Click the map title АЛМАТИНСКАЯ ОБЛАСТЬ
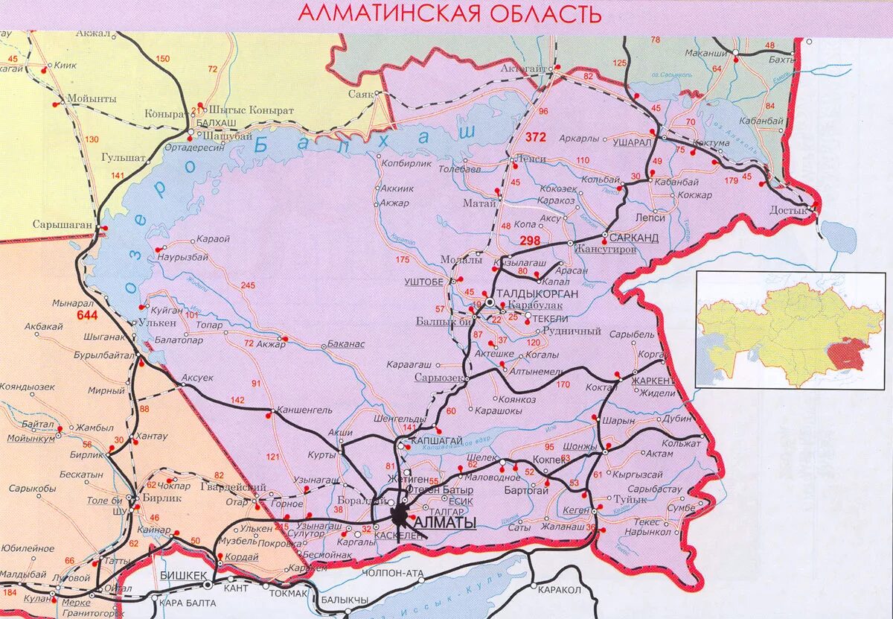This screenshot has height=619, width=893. [x=449, y=13]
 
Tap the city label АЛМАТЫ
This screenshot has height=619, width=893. [x=444, y=524]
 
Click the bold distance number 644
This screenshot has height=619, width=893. [x=87, y=316]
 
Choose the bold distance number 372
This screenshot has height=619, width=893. [x=535, y=137]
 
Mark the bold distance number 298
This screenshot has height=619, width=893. [x=530, y=240]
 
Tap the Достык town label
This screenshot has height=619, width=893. [x=790, y=211]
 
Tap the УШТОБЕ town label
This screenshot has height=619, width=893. [x=423, y=282]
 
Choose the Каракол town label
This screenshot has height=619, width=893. [x=559, y=589]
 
